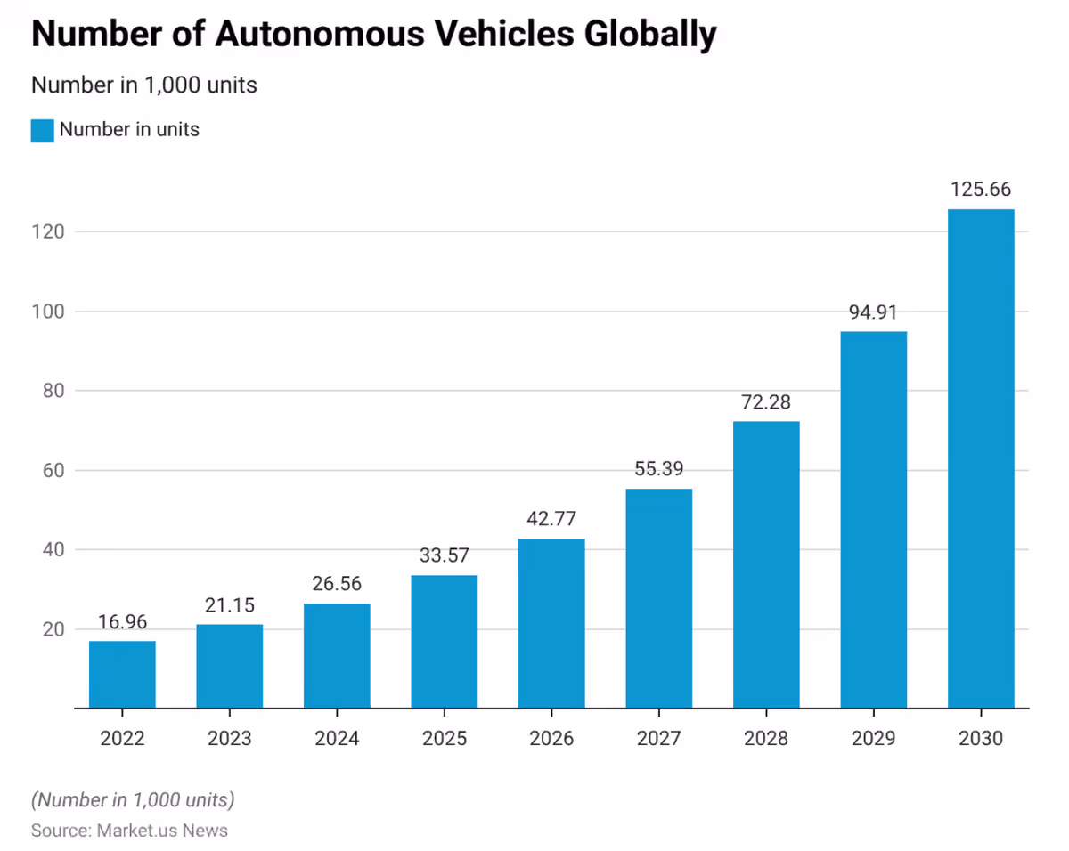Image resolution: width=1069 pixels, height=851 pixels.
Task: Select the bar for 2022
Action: (x=122, y=674)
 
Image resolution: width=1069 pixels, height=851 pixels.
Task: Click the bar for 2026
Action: (x=551, y=623)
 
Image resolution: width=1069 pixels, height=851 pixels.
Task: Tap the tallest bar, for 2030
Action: (x=981, y=458)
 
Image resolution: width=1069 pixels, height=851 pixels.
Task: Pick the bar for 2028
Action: (x=766, y=564)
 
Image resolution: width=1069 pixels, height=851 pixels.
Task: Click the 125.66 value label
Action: (x=981, y=190)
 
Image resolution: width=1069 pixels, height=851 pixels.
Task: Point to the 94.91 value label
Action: (x=873, y=312)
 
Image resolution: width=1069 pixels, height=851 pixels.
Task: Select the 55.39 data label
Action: (x=658, y=469)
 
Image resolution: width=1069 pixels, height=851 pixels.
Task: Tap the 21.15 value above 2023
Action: (x=230, y=605)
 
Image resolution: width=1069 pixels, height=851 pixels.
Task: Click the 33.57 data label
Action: (x=445, y=555)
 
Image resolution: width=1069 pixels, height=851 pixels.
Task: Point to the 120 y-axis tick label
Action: (x=48, y=231)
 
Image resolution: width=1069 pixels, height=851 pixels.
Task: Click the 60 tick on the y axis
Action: (x=53, y=470)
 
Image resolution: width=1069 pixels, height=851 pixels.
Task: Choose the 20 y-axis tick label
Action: (x=53, y=629)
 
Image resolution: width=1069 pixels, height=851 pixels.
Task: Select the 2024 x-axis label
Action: (x=337, y=738)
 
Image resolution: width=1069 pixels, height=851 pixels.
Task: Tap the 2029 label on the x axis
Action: (x=873, y=738)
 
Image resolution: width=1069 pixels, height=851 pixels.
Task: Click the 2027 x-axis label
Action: (x=658, y=738)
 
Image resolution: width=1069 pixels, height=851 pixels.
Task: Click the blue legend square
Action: (x=42, y=131)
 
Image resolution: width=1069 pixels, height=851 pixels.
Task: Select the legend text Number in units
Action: (x=129, y=130)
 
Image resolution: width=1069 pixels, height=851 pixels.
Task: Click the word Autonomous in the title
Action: (x=320, y=34)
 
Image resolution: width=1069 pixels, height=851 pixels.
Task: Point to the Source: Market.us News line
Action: (x=129, y=831)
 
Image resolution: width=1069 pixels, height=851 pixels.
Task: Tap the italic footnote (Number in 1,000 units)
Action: (x=133, y=800)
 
